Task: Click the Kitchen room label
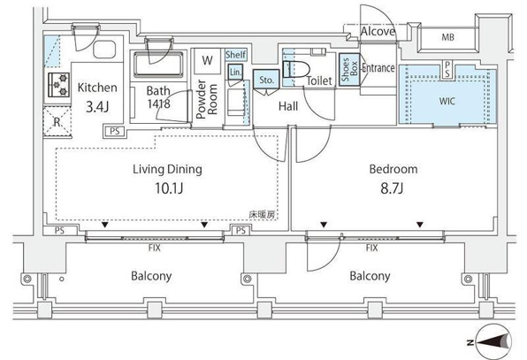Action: pos(97,88)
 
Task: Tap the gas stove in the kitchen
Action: pos(59,85)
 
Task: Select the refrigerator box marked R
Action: pos(57,121)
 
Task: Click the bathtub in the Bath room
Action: pos(158,65)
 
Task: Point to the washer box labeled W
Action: pos(208,61)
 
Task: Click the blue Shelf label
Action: pos(235,55)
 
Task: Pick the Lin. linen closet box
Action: pos(235,72)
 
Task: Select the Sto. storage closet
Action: pos(266,80)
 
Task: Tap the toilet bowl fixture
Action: pos(295,69)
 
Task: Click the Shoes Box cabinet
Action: pos(349,70)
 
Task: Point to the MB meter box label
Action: pos(448,37)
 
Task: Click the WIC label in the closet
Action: pos(447,101)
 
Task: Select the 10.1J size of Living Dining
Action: pos(169,188)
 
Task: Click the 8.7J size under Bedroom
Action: pos(392,188)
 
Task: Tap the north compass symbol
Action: pos(492,341)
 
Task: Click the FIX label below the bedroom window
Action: pos(371,248)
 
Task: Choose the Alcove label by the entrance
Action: pos(378,32)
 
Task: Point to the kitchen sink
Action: pos(104,50)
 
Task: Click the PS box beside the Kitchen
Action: pos(114,132)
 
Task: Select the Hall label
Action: pos(288,106)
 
